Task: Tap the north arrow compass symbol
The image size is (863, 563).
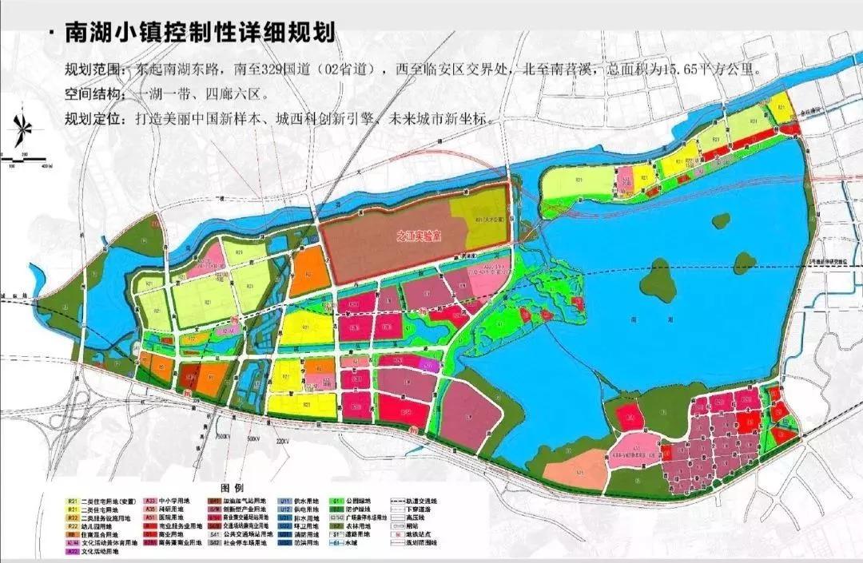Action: tap(22, 128)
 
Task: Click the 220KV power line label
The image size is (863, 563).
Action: tap(280, 440)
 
